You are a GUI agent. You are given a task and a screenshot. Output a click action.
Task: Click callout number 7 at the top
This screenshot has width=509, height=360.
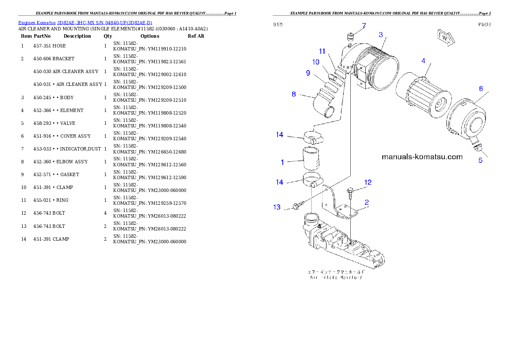364,26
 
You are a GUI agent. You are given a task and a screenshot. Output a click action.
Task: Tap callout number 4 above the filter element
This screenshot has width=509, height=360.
423,61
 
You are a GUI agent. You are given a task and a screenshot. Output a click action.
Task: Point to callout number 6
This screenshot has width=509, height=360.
481,89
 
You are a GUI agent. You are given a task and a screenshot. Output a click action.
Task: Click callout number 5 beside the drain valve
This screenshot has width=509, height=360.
480,160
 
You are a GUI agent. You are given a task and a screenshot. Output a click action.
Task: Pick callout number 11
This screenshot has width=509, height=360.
322,51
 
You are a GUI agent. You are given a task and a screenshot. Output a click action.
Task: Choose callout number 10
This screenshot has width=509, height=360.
316,62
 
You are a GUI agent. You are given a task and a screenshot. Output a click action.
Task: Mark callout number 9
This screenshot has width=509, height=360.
308,73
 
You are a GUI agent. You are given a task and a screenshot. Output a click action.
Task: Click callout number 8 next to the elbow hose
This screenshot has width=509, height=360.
294,94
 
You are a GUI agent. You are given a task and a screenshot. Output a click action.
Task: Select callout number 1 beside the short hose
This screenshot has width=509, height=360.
282,162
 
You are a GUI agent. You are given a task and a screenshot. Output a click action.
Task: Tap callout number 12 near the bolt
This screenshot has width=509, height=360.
368,182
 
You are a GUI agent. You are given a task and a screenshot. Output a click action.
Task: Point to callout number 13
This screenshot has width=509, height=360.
277,207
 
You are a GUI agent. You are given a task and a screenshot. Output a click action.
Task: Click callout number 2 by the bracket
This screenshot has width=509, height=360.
367,202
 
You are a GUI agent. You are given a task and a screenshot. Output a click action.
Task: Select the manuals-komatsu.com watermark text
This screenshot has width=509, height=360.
422,156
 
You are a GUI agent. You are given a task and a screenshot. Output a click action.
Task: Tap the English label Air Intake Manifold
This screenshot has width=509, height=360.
336,277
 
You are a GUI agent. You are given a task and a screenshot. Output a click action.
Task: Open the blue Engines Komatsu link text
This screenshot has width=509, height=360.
85,22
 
